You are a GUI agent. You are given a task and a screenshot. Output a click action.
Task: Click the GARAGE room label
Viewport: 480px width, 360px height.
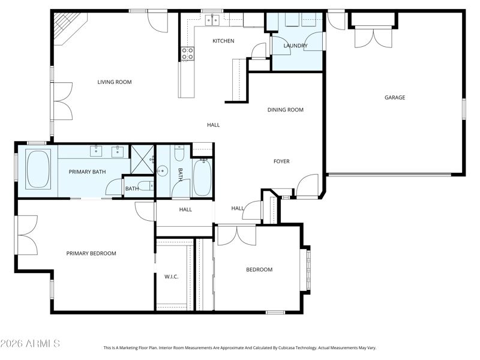(x=395, y=97)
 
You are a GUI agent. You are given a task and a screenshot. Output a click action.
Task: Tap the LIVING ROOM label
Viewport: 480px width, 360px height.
(x=115, y=82)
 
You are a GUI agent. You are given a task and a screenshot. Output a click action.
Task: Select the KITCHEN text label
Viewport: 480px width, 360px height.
(x=223, y=41)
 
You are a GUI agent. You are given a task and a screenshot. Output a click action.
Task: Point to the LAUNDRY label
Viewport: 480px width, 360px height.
(x=295, y=46)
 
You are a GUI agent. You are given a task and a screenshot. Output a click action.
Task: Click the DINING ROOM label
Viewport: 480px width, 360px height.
(x=286, y=110)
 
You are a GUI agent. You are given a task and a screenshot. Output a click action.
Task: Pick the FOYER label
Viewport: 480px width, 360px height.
(x=281, y=161)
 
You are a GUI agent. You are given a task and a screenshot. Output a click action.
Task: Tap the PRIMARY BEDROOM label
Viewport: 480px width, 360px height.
(x=91, y=253)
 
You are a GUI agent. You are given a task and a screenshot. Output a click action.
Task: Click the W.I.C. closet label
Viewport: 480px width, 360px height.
(x=172, y=277)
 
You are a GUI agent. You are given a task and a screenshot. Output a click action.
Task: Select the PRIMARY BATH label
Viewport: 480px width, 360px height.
(x=87, y=172)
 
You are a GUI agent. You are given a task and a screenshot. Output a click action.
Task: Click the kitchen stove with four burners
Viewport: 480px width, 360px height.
(x=187, y=53)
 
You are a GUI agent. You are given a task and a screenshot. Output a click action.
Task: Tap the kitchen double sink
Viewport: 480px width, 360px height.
(x=212, y=20)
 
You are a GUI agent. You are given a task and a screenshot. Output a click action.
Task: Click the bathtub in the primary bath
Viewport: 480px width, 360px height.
(x=38, y=169)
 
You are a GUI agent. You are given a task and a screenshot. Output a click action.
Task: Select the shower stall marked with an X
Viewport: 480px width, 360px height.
(x=143, y=160)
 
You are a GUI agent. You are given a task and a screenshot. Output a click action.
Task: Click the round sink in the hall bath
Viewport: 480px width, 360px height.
(x=162, y=171)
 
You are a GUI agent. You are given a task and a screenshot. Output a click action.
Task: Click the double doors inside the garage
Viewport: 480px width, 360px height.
(x=373, y=37)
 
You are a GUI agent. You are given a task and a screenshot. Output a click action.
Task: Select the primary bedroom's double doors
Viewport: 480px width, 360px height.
(x=28, y=235)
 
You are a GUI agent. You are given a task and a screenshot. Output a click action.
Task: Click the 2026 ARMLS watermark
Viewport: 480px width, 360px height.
(x=30, y=343)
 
